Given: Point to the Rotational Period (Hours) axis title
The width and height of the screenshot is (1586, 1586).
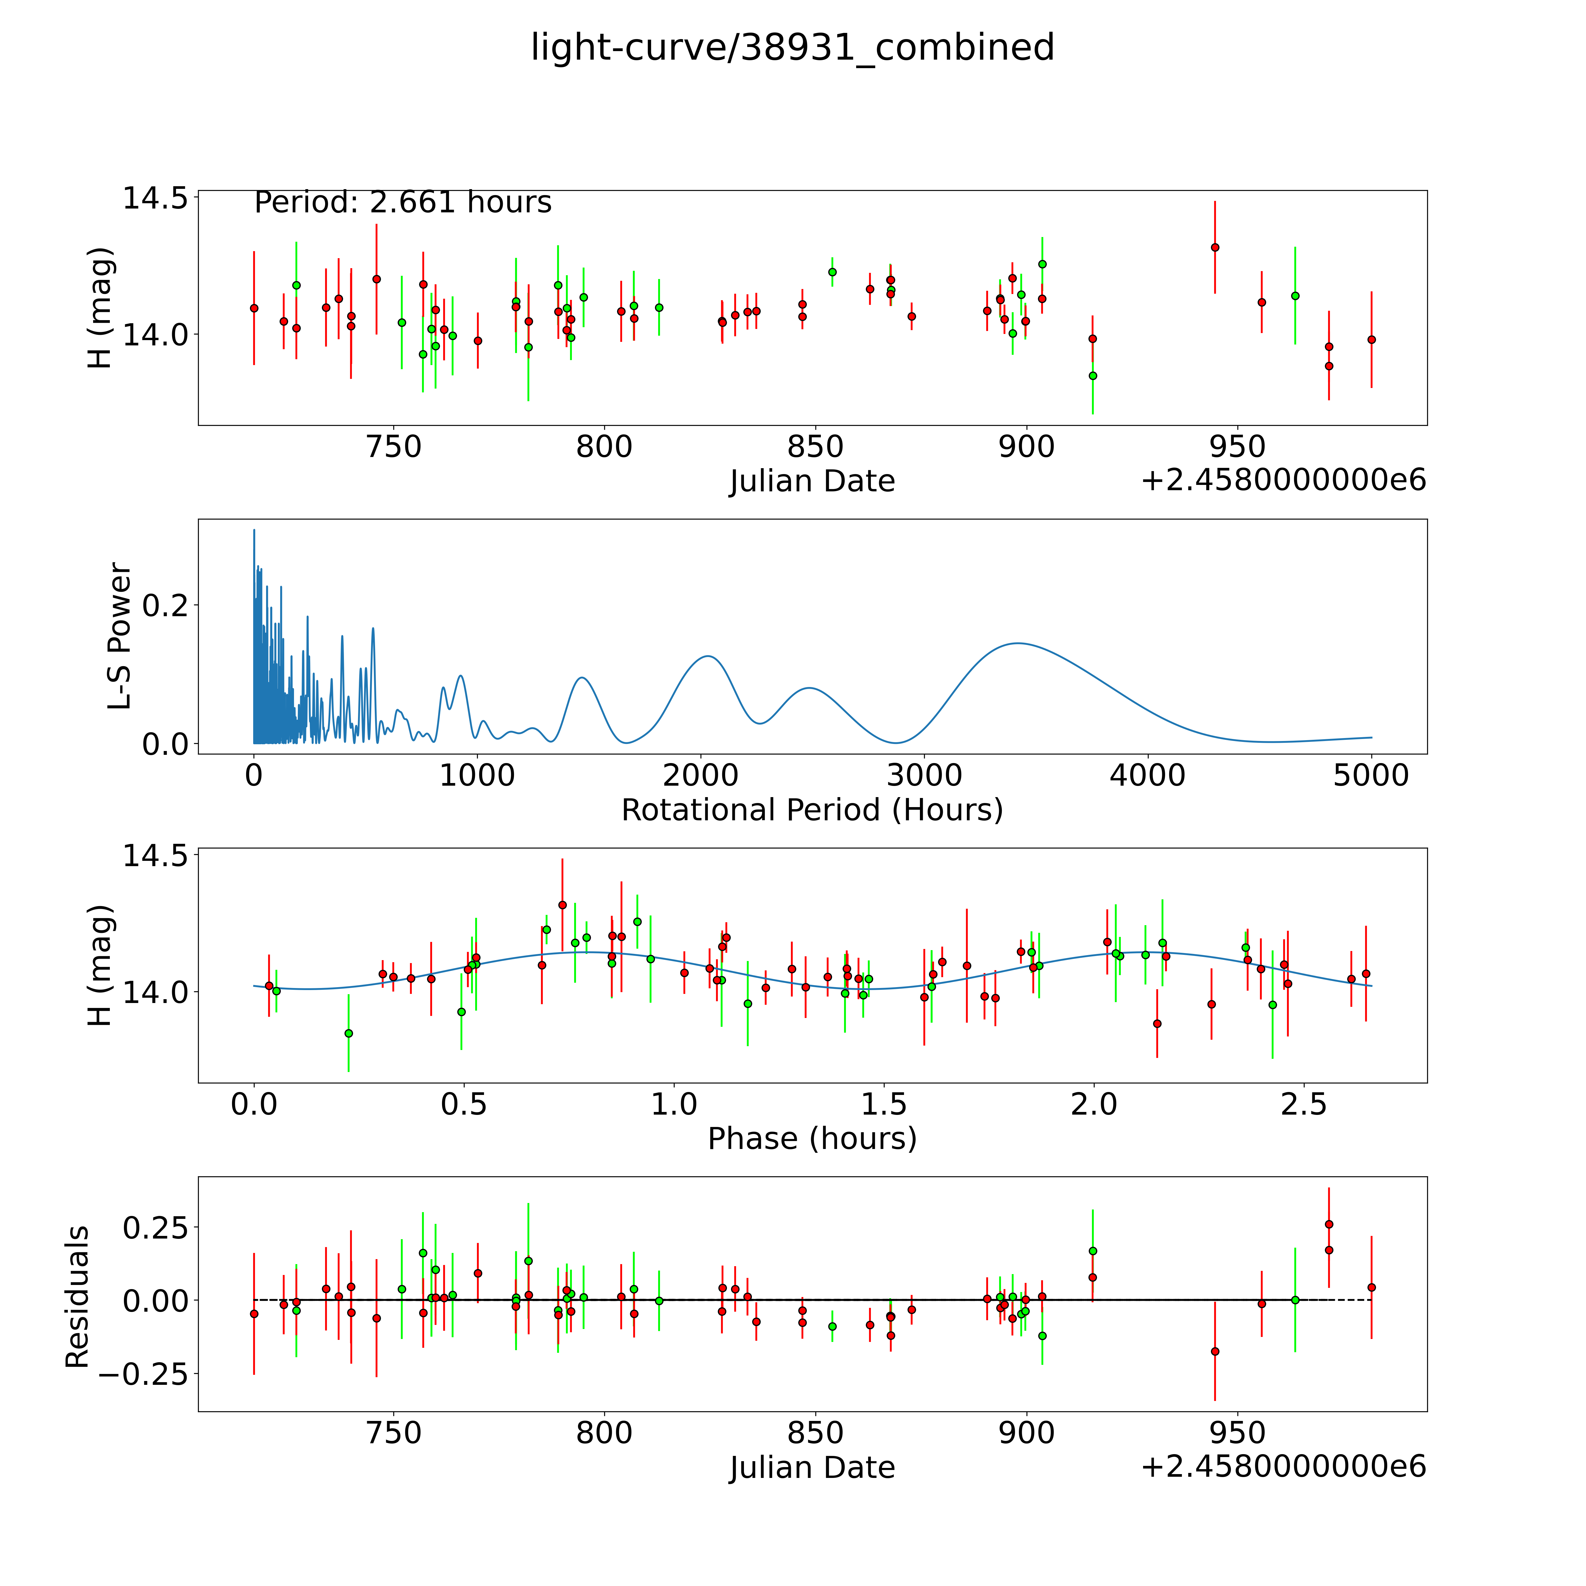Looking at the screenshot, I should coord(812,810).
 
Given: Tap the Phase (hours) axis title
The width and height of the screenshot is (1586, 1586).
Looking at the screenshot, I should coord(812,1139).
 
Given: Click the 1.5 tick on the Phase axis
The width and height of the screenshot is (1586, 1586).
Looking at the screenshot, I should coord(884,1104).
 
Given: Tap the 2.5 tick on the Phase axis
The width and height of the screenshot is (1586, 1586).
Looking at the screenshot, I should coord(1304,1104).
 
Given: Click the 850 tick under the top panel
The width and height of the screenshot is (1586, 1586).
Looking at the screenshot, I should coord(815,447).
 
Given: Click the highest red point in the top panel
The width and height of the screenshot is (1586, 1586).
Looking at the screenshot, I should coord(1215,247).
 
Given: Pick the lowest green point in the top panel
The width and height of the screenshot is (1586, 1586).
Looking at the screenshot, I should coord(1093,375).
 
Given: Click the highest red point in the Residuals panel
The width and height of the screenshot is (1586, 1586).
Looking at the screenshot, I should coord(1329,1224).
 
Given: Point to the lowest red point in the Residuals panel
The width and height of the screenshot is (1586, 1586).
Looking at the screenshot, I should coord(1215,1351).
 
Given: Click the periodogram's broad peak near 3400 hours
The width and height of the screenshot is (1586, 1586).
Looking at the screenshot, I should coord(1018,643).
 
